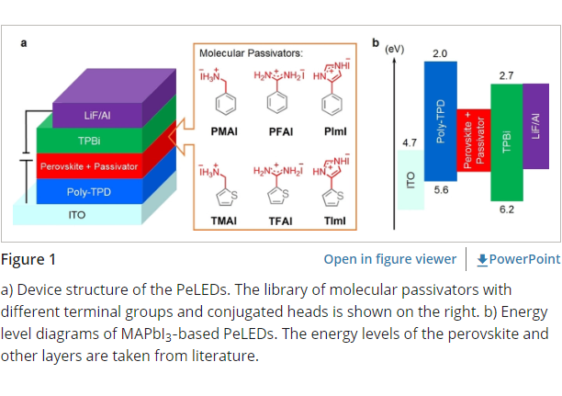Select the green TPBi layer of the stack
[x=89, y=141]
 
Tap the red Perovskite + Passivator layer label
[x=89, y=167]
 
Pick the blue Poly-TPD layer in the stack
[x=89, y=193]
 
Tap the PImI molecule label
[x=334, y=132]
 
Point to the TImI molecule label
[x=334, y=218]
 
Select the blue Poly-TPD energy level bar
[x=440, y=119]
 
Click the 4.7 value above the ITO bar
[x=410, y=143]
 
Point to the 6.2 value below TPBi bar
[x=506, y=209]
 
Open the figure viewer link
[x=389, y=259]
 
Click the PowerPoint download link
[x=518, y=259]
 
